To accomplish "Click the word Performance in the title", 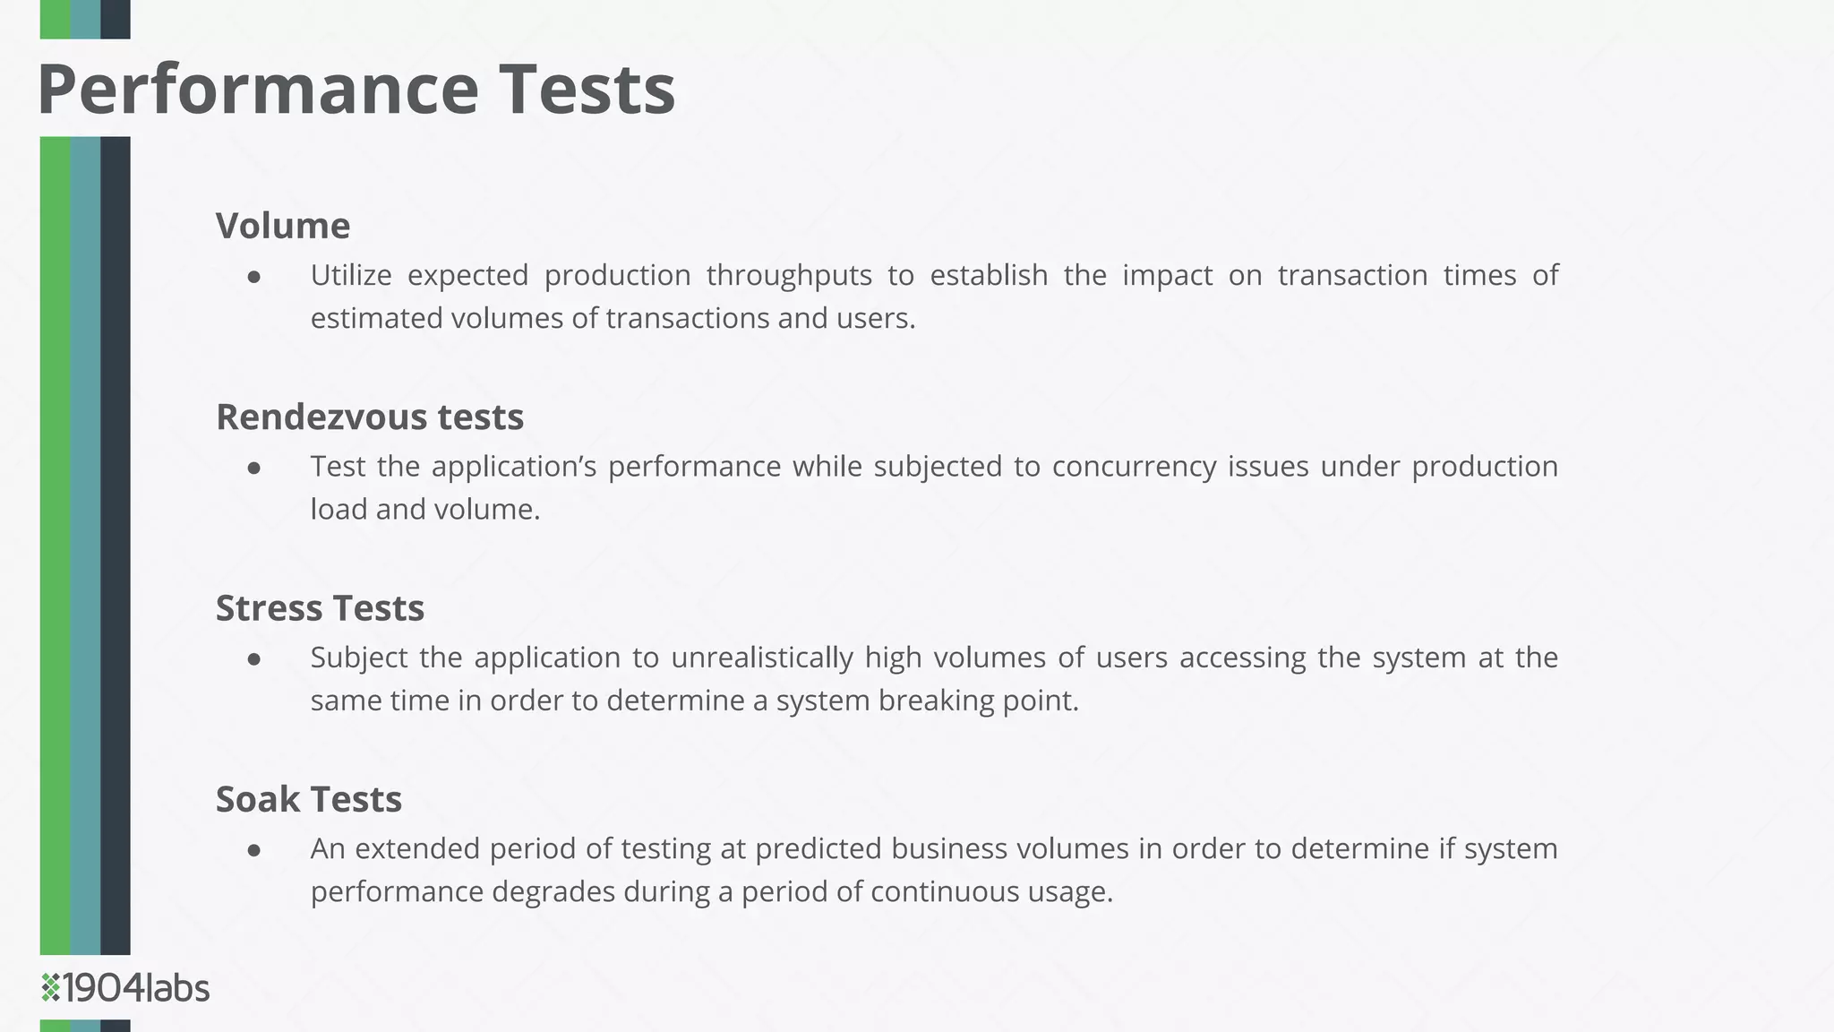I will (258, 90).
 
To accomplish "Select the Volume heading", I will (283, 226).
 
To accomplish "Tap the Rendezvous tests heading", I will (370, 417).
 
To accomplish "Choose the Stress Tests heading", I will (320, 608).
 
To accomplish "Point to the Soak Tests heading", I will (309, 799).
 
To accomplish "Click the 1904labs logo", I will (125, 988).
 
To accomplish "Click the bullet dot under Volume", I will (254, 278).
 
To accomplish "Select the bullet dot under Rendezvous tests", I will (254, 469).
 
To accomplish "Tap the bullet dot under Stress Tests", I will (254, 659).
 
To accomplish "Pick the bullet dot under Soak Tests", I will (254, 850).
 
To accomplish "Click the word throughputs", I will (789, 276).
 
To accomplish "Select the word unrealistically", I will (762, 658).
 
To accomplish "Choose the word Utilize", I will (351, 275).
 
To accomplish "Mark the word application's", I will (514, 467).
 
